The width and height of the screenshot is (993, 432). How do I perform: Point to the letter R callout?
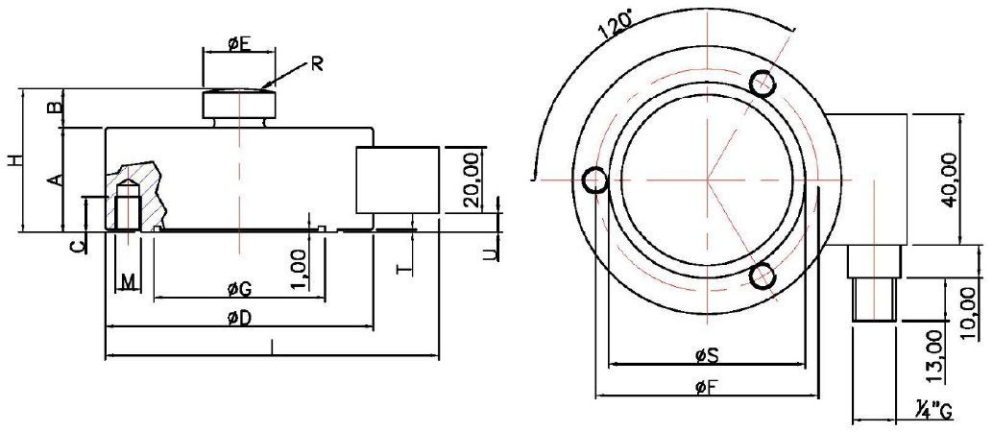click(316, 64)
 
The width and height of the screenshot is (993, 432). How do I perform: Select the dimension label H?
click(13, 161)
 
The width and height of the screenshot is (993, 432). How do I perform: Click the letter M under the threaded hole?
click(129, 281)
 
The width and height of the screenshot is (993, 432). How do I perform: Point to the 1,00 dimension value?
click(301, 269)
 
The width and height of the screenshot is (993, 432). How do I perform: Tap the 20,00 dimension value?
click(470, 180)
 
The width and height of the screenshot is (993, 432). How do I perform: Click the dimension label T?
click(404, 267)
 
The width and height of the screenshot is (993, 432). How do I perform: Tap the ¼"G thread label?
click(932, 412)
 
